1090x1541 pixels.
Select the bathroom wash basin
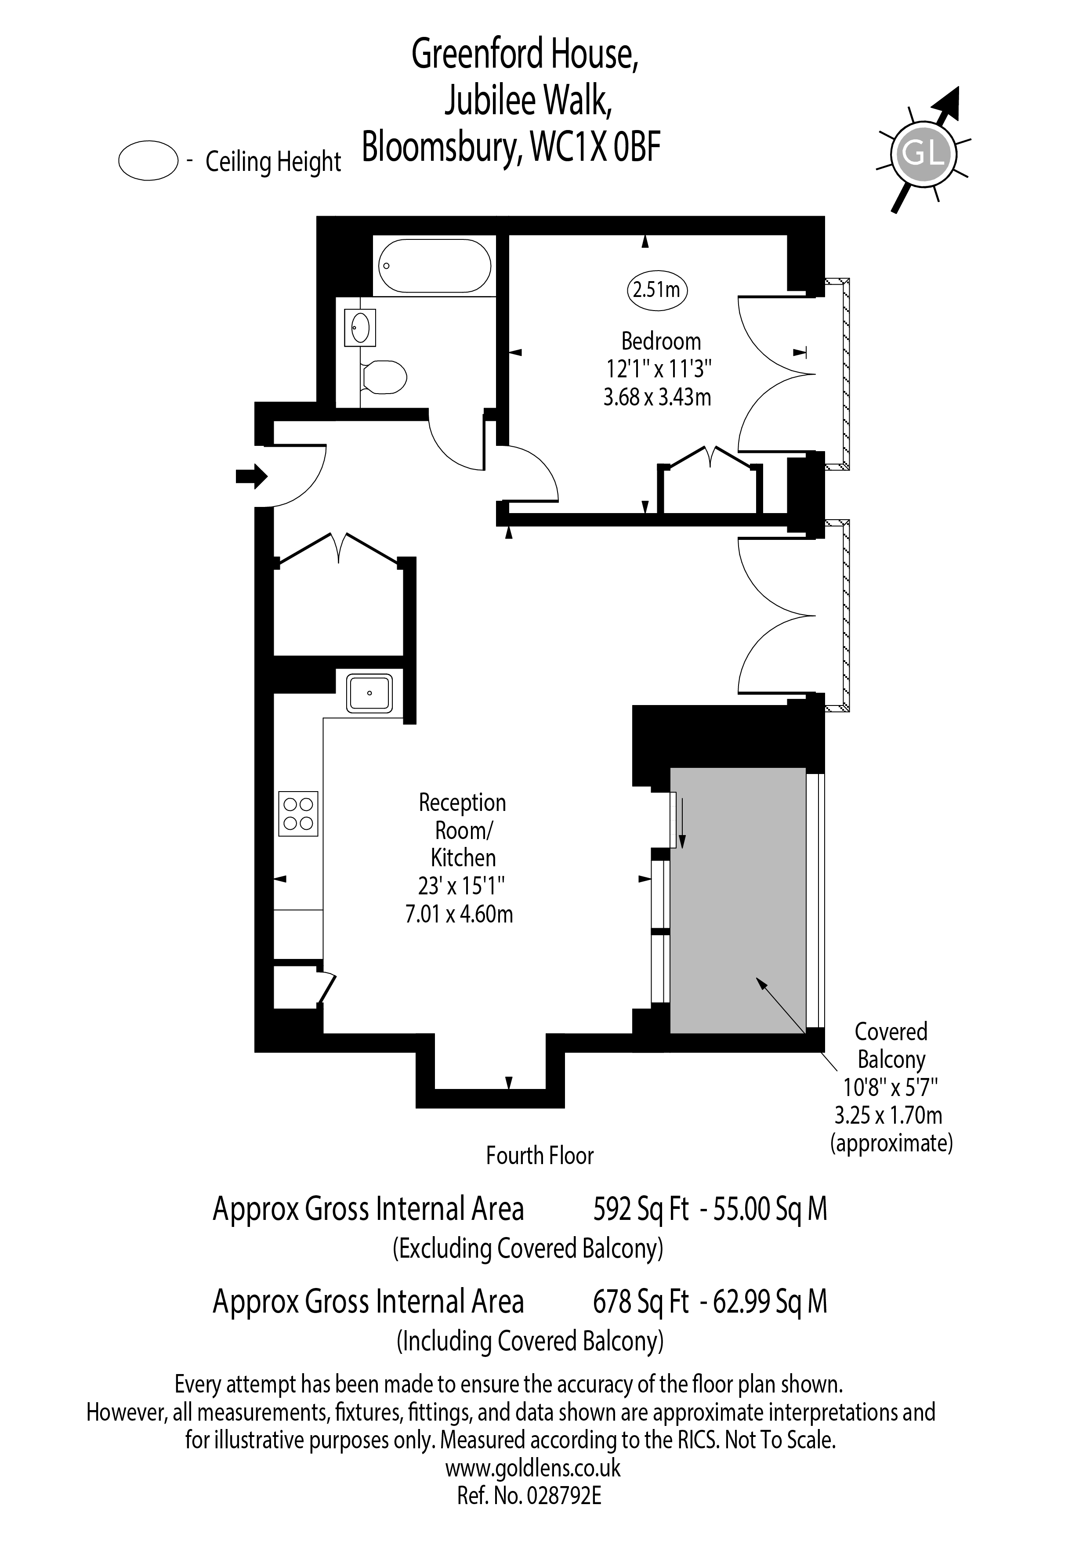click(360, 328)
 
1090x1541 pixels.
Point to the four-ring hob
click(298, 814)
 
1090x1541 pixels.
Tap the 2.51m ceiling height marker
click(658, 290)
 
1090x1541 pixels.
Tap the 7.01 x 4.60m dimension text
click(459, 914)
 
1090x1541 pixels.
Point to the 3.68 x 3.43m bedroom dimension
click(657, 398)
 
